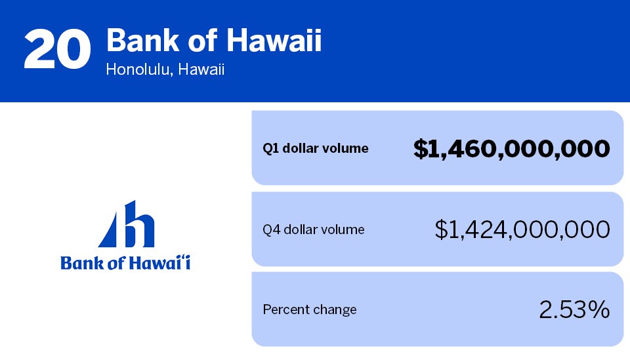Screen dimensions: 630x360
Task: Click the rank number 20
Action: [x=57, y=49]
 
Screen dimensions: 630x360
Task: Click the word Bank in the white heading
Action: [x=142, y=40]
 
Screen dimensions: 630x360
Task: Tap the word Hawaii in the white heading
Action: [x=274, y=40]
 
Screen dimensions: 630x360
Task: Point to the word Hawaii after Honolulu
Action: [x=201, y=70]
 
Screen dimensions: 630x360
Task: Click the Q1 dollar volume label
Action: [x=316, y=148]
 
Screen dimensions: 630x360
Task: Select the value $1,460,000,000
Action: [x=511, y=149]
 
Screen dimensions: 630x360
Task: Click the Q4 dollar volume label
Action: [x=314, y=230]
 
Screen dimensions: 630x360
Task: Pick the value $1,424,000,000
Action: [x=522, y=230]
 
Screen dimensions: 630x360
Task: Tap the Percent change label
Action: [x=309, y=310]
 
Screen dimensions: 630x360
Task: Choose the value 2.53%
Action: [x=574, y=310]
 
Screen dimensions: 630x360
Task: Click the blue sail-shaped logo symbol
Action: [x=126, y=224]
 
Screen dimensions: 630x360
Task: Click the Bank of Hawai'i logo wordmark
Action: [x=125, y=263]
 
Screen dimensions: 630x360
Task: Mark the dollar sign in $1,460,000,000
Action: [x=421, y=149]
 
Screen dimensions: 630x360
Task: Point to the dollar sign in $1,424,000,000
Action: [x=441, y=230]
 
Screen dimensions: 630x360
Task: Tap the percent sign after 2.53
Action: [x=598, y=310]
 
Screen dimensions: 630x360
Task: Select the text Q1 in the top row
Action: [x=270, y=148]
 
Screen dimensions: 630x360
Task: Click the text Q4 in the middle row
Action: [x=271, y=230]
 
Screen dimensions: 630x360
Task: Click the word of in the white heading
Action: [x=203, y=40]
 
